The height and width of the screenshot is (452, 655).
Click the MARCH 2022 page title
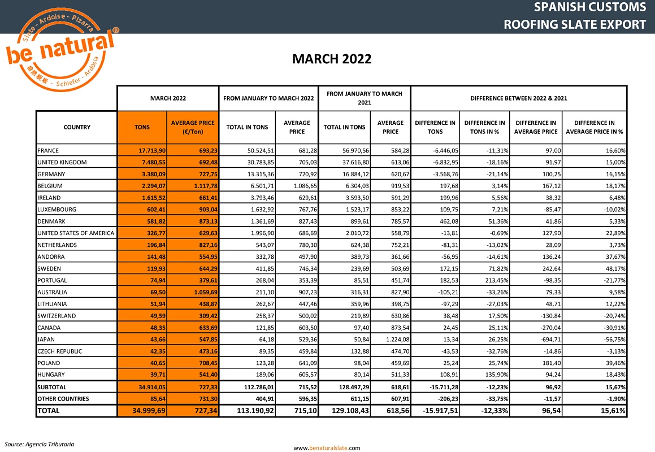[x=331, y=59]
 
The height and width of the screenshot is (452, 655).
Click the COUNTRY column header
[x=77, y=127]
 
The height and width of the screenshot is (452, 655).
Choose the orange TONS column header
[x=142, y=127]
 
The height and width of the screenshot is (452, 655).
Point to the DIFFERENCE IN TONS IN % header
[x=484, y=127]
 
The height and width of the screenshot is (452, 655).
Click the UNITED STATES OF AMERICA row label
[x=75, y=233]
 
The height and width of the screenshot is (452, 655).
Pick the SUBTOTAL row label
[x=52, y=388]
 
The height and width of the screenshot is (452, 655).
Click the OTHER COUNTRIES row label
[x=62, y=399]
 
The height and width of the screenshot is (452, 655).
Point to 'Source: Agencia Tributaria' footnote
[x=39, y=444]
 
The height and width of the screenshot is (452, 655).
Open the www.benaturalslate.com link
[x=327, y=448]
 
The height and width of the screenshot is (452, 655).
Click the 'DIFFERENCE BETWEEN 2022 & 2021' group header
[x=518, y=98]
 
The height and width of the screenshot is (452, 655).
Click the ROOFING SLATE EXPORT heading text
[x=574, y=24]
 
